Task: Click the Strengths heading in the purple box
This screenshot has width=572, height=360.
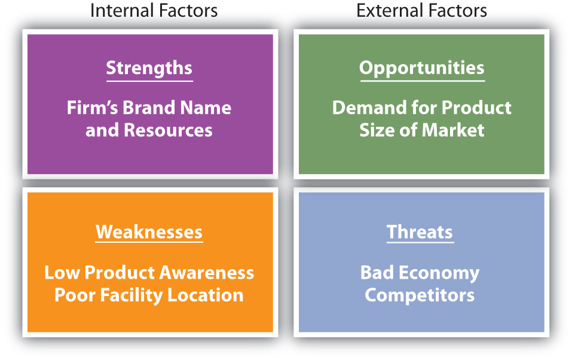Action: click(149, 68)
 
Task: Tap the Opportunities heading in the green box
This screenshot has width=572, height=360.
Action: click(421, 68)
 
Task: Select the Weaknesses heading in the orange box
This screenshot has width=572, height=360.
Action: click(149, 232)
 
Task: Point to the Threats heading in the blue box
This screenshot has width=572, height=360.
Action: click(420, 232)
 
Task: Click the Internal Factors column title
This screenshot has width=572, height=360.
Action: click(154, 10)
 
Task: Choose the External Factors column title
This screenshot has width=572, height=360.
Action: click(421, 10)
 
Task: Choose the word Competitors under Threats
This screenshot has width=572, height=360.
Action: click(420, 295)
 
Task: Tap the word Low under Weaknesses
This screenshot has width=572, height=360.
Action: click(62, 273)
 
